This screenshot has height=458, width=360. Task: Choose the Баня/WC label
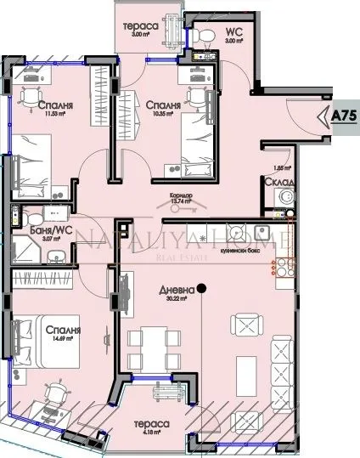click(35, 230)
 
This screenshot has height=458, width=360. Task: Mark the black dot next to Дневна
click(202, 288)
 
